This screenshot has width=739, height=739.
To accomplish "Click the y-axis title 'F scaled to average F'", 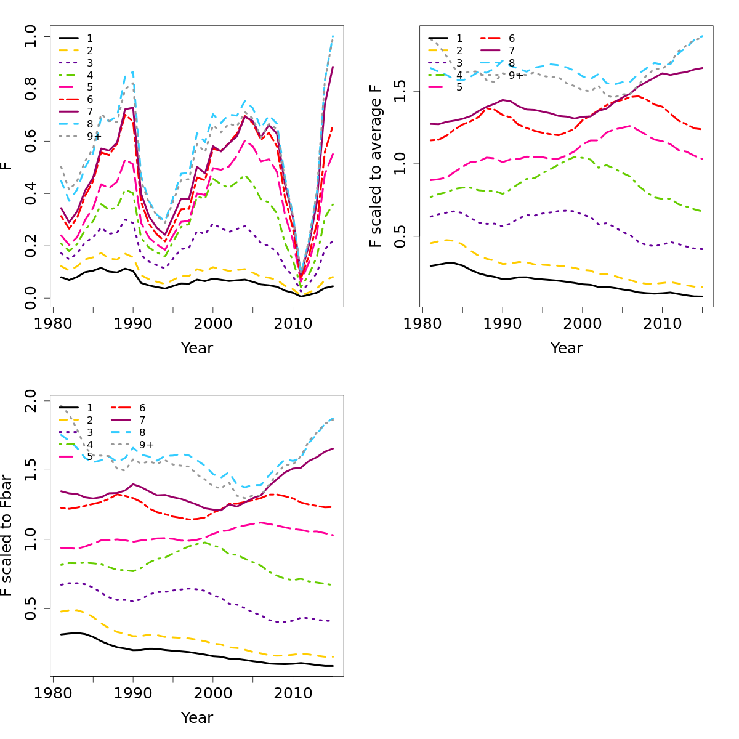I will [376, 166].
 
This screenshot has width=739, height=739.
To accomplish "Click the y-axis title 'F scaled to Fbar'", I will [7, 535].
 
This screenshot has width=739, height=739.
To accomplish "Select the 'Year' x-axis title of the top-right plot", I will [566, 349].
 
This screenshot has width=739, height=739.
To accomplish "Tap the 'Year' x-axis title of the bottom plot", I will [196, 718].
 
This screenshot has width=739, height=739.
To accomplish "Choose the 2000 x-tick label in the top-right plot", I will [582, 324].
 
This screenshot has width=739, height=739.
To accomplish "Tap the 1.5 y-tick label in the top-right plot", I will [400, 91].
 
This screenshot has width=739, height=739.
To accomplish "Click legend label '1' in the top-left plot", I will [90, 38].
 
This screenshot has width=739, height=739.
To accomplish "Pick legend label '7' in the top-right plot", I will [512, 50].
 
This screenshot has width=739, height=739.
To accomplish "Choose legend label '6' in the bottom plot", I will [142, 408].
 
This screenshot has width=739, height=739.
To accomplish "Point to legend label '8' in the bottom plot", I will [142, 432].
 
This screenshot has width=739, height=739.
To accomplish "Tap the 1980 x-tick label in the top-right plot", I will [422, 324].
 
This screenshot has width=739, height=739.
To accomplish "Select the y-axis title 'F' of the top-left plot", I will [7, 166].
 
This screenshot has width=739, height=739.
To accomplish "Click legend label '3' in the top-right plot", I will [459, 63].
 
